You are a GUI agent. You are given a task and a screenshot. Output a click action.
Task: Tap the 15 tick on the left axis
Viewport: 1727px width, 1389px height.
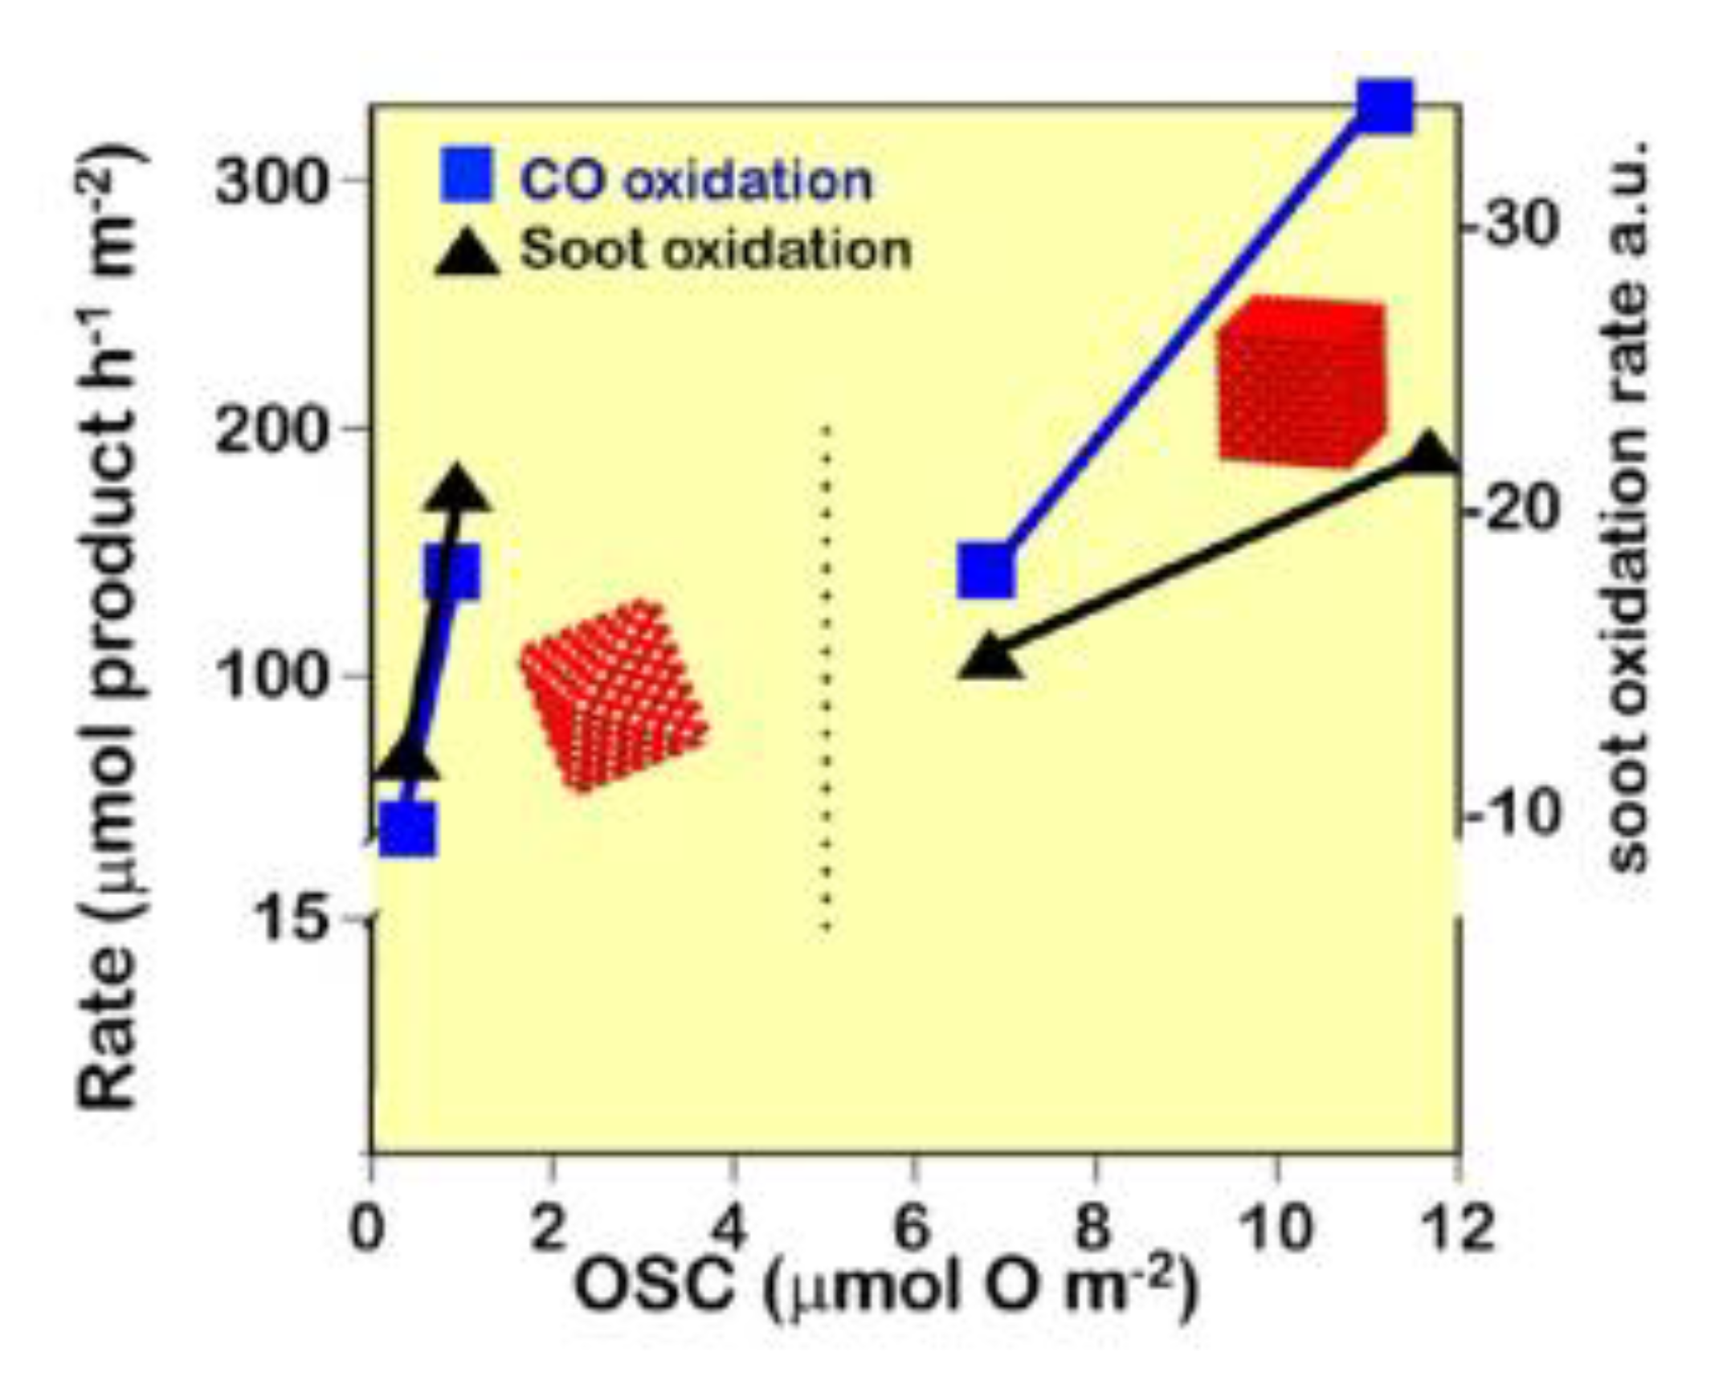(x=296, y=918)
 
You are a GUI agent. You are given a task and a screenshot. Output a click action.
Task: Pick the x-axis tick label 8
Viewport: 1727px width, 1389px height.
(x=1095, y=1228)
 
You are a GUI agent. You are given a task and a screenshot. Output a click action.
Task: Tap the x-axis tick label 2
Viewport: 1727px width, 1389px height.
(x=549, y=1228)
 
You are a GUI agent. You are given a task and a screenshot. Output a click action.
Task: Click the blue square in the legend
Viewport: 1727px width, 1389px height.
(x=467, y=174)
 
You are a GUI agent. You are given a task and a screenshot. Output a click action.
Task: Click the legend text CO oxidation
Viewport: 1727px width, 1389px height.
(x=696, y=180)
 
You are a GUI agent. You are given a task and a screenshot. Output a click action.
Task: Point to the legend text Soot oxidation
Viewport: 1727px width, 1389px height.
(x=717, y=250)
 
